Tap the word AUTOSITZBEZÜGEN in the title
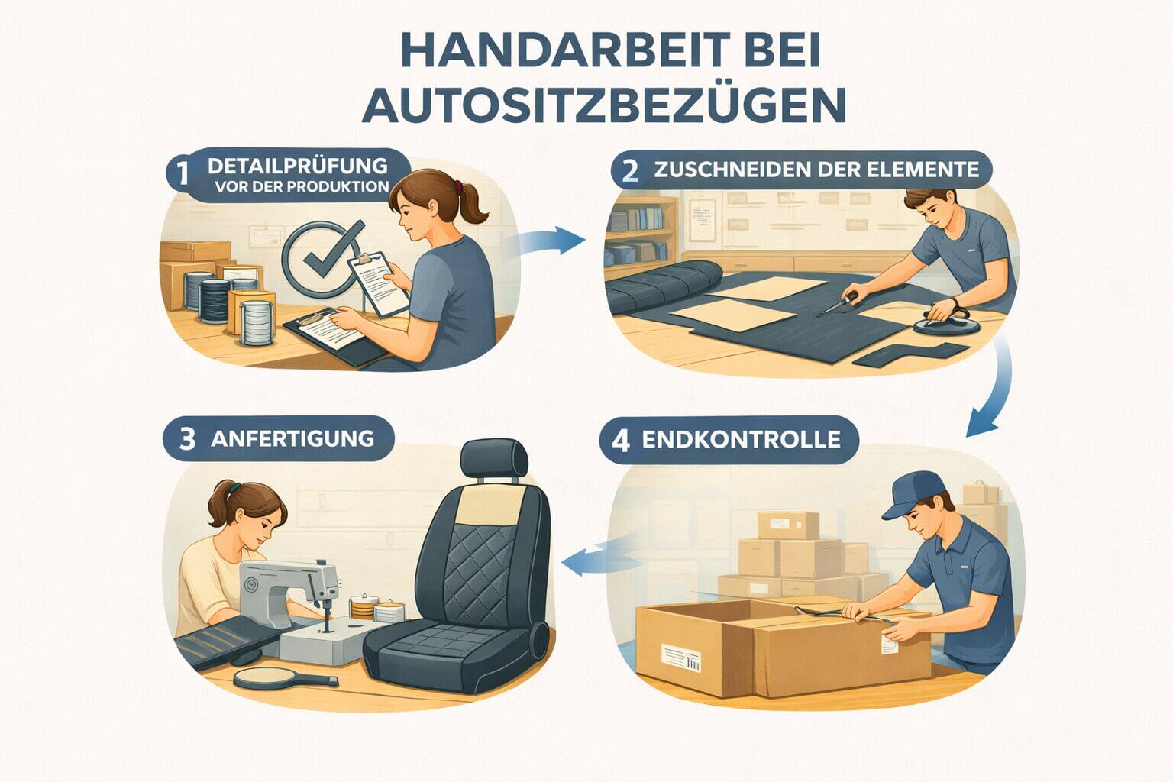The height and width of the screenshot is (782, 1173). (x=603, y=105)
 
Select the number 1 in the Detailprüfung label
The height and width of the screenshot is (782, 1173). (x=181, y=175)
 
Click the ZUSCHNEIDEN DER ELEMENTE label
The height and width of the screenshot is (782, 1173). (x=816, y=170)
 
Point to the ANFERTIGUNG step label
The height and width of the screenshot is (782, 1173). (x=292, y=438)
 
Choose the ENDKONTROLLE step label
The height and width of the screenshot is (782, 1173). (x=740, y=439)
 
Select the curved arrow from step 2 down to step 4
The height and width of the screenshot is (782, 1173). (x=993, y=389)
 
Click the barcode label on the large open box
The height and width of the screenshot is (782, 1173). (x=680, y=658)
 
